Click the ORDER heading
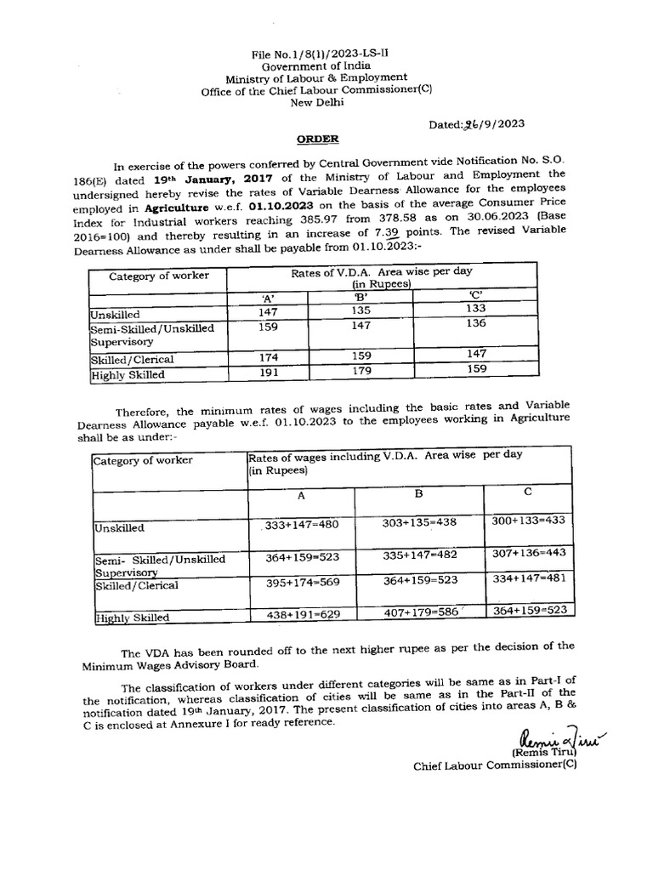click(x=317, y=139)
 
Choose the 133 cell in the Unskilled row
click(x=476, y=309)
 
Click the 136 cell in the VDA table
click(x=476, y=323)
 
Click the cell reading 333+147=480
click(x=301, y=525)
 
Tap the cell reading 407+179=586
click(x=420, y=612)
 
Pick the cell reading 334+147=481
click(x=528, y=578)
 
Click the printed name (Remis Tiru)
click(x=543, y=753)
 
